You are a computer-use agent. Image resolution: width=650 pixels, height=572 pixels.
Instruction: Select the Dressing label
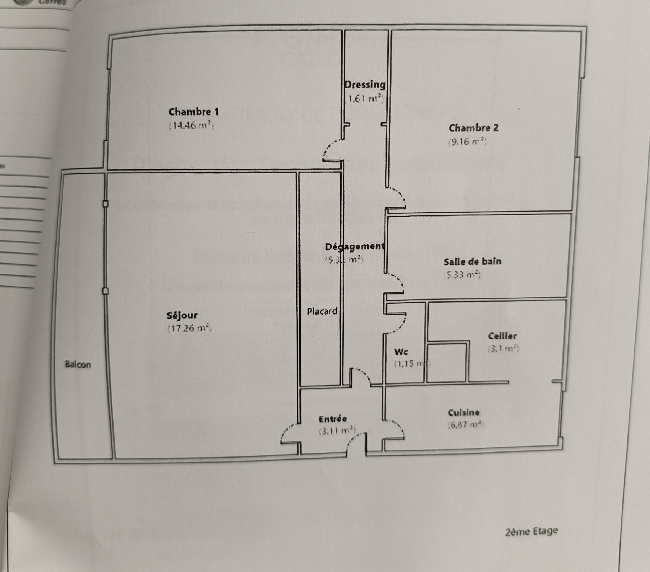(365, 85)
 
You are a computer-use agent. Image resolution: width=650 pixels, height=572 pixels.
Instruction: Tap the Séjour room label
(182, 315)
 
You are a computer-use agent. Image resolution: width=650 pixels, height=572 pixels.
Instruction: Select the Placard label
(322, 311)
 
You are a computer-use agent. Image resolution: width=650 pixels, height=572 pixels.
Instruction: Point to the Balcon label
(78, 364)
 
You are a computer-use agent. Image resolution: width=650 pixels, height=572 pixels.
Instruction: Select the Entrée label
(333, 419)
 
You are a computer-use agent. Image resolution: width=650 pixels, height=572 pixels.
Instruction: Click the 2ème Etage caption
(531, 531)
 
